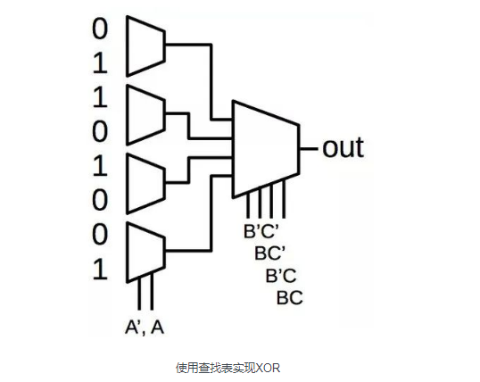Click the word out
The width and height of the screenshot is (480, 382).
pos(343,146)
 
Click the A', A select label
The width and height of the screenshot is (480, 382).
pos(145,328)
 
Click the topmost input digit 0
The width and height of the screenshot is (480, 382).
pos(99,29)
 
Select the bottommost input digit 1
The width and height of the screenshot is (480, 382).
pos(99,269)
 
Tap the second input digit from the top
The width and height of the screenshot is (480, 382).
pos(99,62)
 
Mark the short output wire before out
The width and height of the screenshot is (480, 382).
pos(310,147)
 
